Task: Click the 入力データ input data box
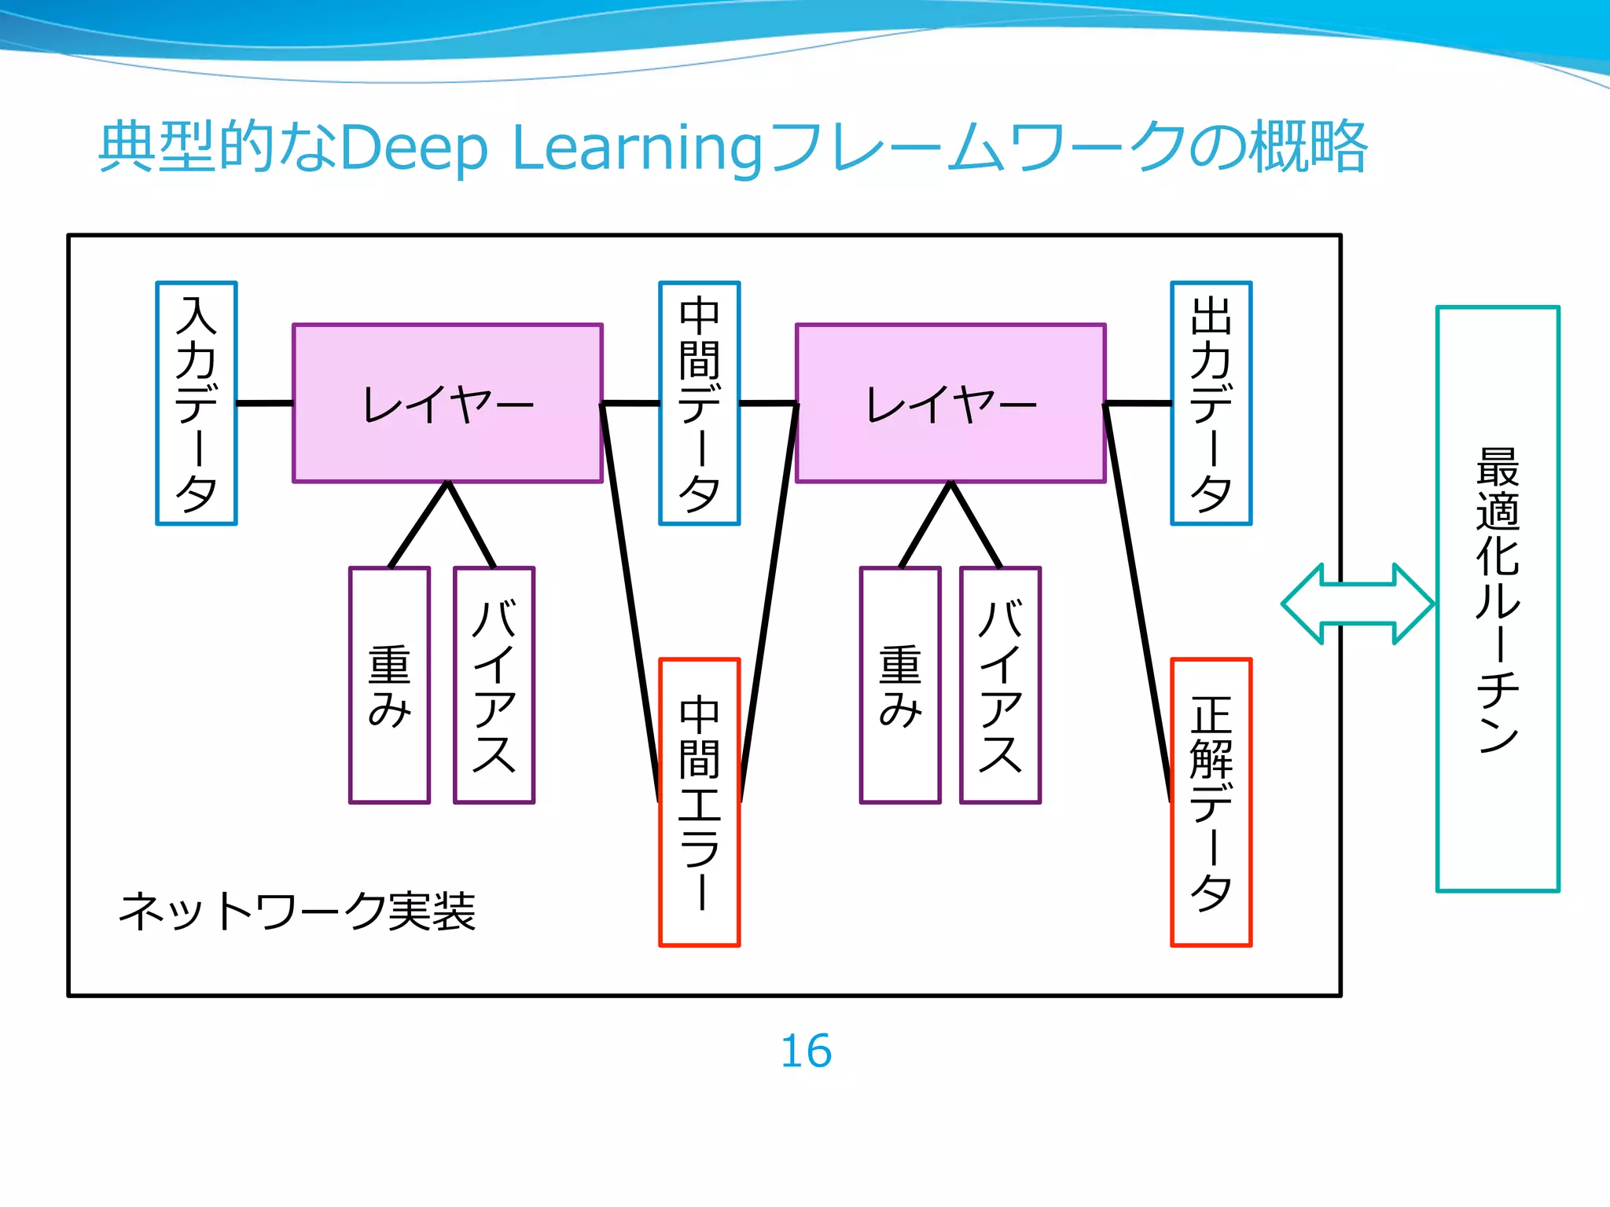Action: tap(197, 403)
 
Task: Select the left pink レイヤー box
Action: tap(447, 403)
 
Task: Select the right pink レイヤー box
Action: tap(950, 403)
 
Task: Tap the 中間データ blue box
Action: tap(700, 403)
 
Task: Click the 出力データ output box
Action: tap(1211, 403)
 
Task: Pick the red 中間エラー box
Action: tap(700, 802)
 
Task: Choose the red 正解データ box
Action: tap(1211, 802)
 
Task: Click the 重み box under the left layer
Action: tap(390, 685)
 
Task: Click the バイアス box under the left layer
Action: tap(494, 685)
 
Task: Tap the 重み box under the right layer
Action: tap(900, 685)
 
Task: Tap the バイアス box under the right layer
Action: tap(1000, 685)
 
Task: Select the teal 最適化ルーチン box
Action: tap(1498, 599)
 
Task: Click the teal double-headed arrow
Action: tap(1358, 603)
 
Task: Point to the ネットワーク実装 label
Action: tap(297, 912)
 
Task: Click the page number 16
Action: tap(806, 1051)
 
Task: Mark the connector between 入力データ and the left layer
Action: tap(265, 403)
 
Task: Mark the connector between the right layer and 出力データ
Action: tap(1138, 403)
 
